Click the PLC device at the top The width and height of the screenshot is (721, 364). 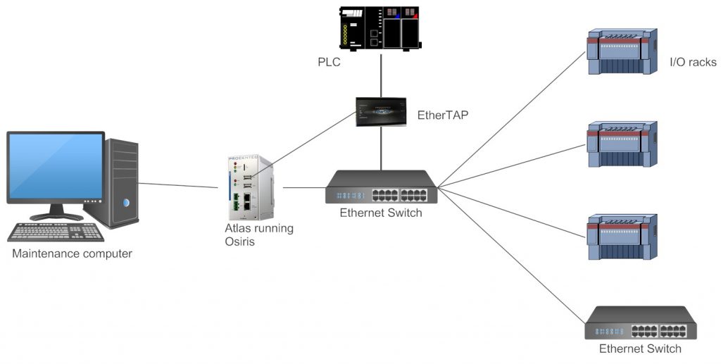pos(381,28)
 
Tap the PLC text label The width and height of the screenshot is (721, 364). pos(329,63)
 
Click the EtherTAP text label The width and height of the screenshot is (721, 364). pos(443,113)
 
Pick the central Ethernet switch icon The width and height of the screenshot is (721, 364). pos(381,188)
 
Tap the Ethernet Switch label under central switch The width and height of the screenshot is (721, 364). pos(381,213)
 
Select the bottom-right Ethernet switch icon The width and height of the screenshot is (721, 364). pos(640,323)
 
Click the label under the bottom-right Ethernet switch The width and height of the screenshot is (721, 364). pos(640,349)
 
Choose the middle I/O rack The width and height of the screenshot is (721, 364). pos(622,144)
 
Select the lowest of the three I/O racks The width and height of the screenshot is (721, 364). pos(622,237)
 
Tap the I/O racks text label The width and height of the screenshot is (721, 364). pos(693,63)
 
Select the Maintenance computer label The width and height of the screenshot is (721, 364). pos(72,253)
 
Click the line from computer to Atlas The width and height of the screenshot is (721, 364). pos(178,185)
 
